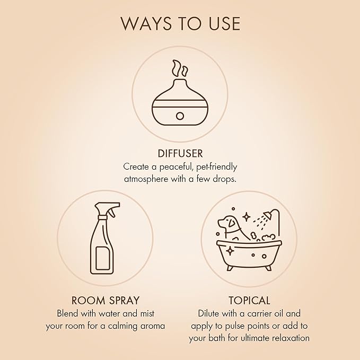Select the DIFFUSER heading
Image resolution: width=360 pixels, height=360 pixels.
tap(180, 153)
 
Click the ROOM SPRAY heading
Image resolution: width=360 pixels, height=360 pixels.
tap(106, 300)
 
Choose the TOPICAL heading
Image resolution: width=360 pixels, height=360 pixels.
tap(249, 300)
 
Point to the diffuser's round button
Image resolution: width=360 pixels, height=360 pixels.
tap(180, 116)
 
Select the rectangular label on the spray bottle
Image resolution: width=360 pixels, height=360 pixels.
tap(102, 258)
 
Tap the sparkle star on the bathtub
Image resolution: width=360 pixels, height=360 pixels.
tap(230, 251)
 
